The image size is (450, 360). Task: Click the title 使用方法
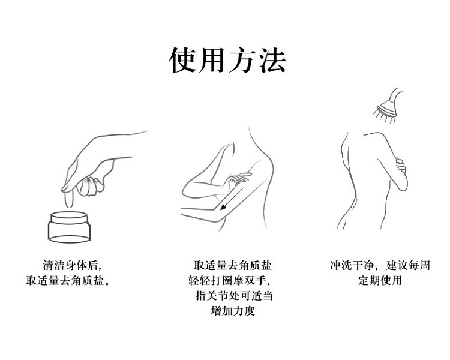coord(227,60)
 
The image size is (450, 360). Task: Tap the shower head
coord(388,108)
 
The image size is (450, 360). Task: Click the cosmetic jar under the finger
coord(69,227)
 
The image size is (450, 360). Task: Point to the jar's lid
coord(69,218)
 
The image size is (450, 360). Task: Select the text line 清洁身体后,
coord(73,265)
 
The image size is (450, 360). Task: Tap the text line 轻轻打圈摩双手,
coord(229,280)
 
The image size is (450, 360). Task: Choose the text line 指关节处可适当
coord(234,295)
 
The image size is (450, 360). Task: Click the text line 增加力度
coord(233,311)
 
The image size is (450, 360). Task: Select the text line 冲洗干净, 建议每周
coord(380,265)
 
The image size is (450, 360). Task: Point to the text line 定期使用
coord(380,280)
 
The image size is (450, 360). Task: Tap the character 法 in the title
coord(272,60)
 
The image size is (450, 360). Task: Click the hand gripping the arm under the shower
coord(401,166)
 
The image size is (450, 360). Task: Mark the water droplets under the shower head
coord(384,117)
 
